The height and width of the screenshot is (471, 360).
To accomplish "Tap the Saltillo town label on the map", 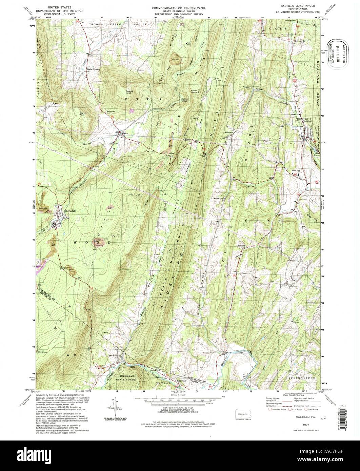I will tap(307, 121).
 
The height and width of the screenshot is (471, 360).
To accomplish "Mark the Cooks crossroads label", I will tap(125, 134).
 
